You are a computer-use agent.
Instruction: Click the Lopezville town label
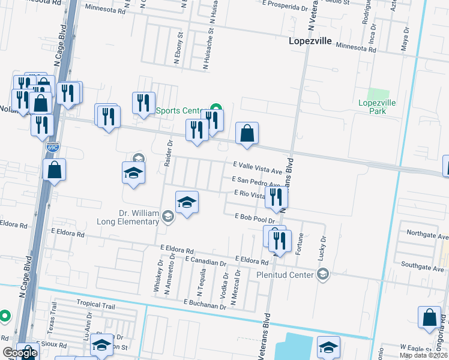point(310,41)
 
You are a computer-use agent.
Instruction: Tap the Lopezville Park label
point(377,107)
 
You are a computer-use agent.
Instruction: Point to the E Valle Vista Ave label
point(257,164)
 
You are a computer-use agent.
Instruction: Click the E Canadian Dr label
point(206,262)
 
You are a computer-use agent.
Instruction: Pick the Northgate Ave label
point(427,235)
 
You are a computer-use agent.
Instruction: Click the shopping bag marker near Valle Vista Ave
point(247,134)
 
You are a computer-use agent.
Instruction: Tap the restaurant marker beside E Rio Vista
point(276,199)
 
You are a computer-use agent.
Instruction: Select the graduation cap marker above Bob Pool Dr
point(187,203)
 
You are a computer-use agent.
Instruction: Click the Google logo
point(20,353)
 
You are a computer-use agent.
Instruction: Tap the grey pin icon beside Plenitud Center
point(324,274)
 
